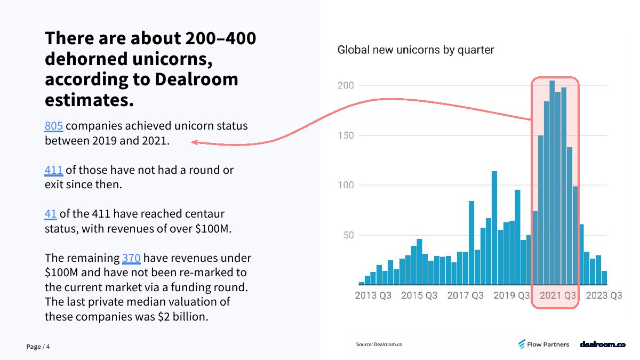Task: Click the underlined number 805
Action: tap(54, 126)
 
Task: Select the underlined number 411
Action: tap(54, 170)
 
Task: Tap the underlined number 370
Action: tap(131, 258)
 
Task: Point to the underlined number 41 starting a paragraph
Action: tap(51, 214)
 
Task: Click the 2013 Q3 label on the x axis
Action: tap(373, 295)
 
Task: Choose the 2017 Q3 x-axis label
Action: tap(466, 295)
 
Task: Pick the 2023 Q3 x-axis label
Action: tap(604, 295)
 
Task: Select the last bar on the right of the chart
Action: tap(604, 278)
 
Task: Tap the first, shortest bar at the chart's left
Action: tap(362, 283)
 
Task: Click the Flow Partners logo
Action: tap(543, 345)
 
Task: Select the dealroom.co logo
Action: tap(603, 345)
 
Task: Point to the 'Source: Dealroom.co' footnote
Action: tap(379, 345)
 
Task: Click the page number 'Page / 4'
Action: tap(38, 347)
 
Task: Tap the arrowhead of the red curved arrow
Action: tap(194, 142)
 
